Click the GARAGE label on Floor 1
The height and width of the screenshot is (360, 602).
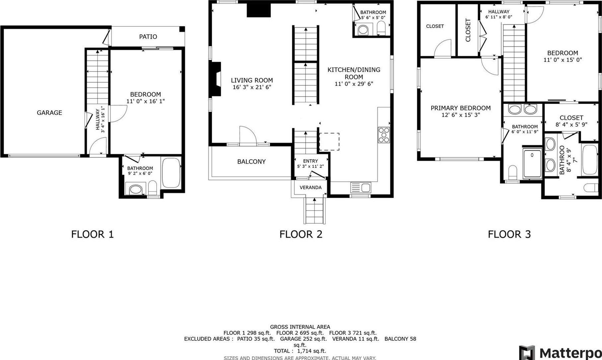(49, 113)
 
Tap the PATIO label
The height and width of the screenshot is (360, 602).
(148, 37)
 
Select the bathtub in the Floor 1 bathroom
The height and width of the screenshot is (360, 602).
(171, 173)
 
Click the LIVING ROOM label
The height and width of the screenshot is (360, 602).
(252, 80)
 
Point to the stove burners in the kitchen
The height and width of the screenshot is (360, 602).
(384, 135)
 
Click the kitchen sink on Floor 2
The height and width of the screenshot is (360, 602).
(361, 188)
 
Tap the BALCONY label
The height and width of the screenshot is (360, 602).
(251, 162)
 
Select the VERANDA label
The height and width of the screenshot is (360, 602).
(311, 187)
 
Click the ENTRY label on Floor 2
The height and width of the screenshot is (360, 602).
(311, 161)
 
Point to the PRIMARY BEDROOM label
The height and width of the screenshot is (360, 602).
(461, 108)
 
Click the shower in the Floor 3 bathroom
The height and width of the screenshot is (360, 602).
(532, 163)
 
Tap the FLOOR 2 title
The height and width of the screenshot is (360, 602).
(301, 234)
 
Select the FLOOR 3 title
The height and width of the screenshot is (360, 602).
(509, 234)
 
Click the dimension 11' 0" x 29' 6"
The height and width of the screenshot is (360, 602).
(354, 84)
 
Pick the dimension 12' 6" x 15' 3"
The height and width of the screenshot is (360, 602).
(461, 115)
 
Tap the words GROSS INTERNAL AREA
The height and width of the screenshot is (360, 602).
(300, 327)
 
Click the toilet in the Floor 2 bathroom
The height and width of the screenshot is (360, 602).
(381, 28)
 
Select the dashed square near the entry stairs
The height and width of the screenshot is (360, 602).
(329, 141)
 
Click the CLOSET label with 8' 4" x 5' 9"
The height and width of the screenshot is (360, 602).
(571, 118)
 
